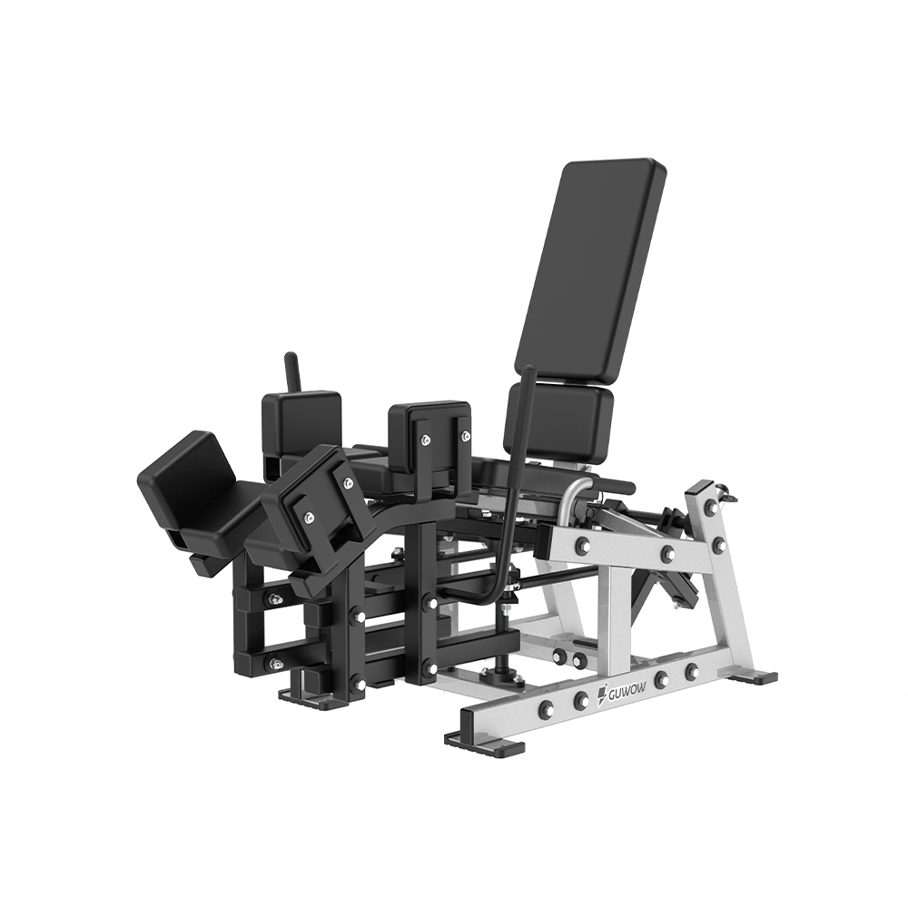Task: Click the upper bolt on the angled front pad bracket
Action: (348, 483)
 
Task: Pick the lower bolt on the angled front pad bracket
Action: (309, 516)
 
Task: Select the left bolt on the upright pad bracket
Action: (427, 440)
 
